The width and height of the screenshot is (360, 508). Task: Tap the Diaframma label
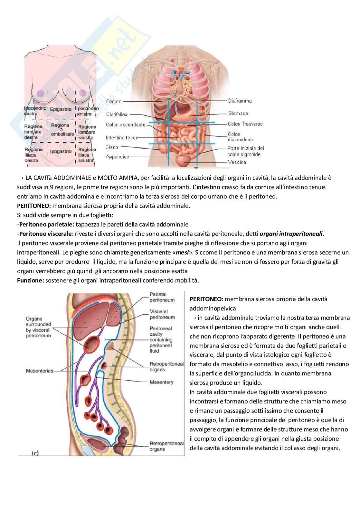240,101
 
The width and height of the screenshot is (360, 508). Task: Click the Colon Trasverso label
245,124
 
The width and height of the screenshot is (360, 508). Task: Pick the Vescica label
237,162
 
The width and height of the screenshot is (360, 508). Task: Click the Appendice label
117,157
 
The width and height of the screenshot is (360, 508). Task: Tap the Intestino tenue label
122,138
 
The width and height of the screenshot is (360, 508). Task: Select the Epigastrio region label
61,109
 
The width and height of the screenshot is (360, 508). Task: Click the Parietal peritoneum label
162,297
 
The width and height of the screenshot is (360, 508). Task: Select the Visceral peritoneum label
162,314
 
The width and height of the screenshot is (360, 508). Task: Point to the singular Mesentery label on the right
161,382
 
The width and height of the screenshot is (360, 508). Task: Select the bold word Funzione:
30,280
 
